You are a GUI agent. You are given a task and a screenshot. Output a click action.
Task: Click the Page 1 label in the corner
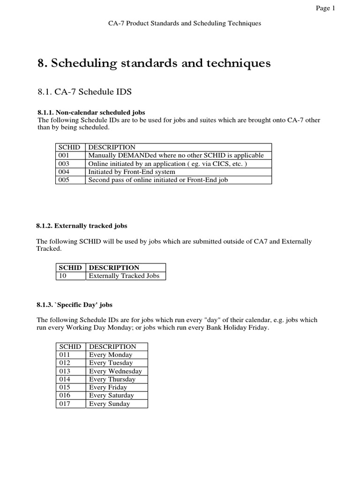[326, 8]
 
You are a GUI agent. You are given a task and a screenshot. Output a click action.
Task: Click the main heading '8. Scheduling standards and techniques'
[154, 64]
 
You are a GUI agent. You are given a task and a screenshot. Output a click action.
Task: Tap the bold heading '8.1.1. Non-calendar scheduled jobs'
[91, 112]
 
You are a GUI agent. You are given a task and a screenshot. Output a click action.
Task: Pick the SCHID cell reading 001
[64, 156]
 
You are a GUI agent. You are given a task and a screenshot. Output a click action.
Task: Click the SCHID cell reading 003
[64, 164]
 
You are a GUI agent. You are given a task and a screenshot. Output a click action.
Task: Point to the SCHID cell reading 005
[64, 180]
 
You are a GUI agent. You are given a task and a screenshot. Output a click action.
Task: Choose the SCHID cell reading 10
[62, 276]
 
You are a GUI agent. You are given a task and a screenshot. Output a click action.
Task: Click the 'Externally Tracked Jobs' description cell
[124, 276]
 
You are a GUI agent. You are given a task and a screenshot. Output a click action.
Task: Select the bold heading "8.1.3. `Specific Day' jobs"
[75, 305]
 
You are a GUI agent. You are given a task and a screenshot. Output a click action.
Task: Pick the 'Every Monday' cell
[111, 355]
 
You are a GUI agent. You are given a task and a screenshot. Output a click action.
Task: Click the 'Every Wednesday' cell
[115, 371]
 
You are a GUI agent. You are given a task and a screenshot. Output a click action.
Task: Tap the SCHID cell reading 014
[64, 379]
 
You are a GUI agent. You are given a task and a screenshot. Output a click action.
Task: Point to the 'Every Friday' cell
[108, 388]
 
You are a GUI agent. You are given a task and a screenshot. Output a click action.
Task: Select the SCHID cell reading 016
[64, 396]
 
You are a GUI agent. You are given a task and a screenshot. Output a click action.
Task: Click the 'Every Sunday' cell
[109, 404]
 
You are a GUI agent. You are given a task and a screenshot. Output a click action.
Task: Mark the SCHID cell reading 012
[64, 363]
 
